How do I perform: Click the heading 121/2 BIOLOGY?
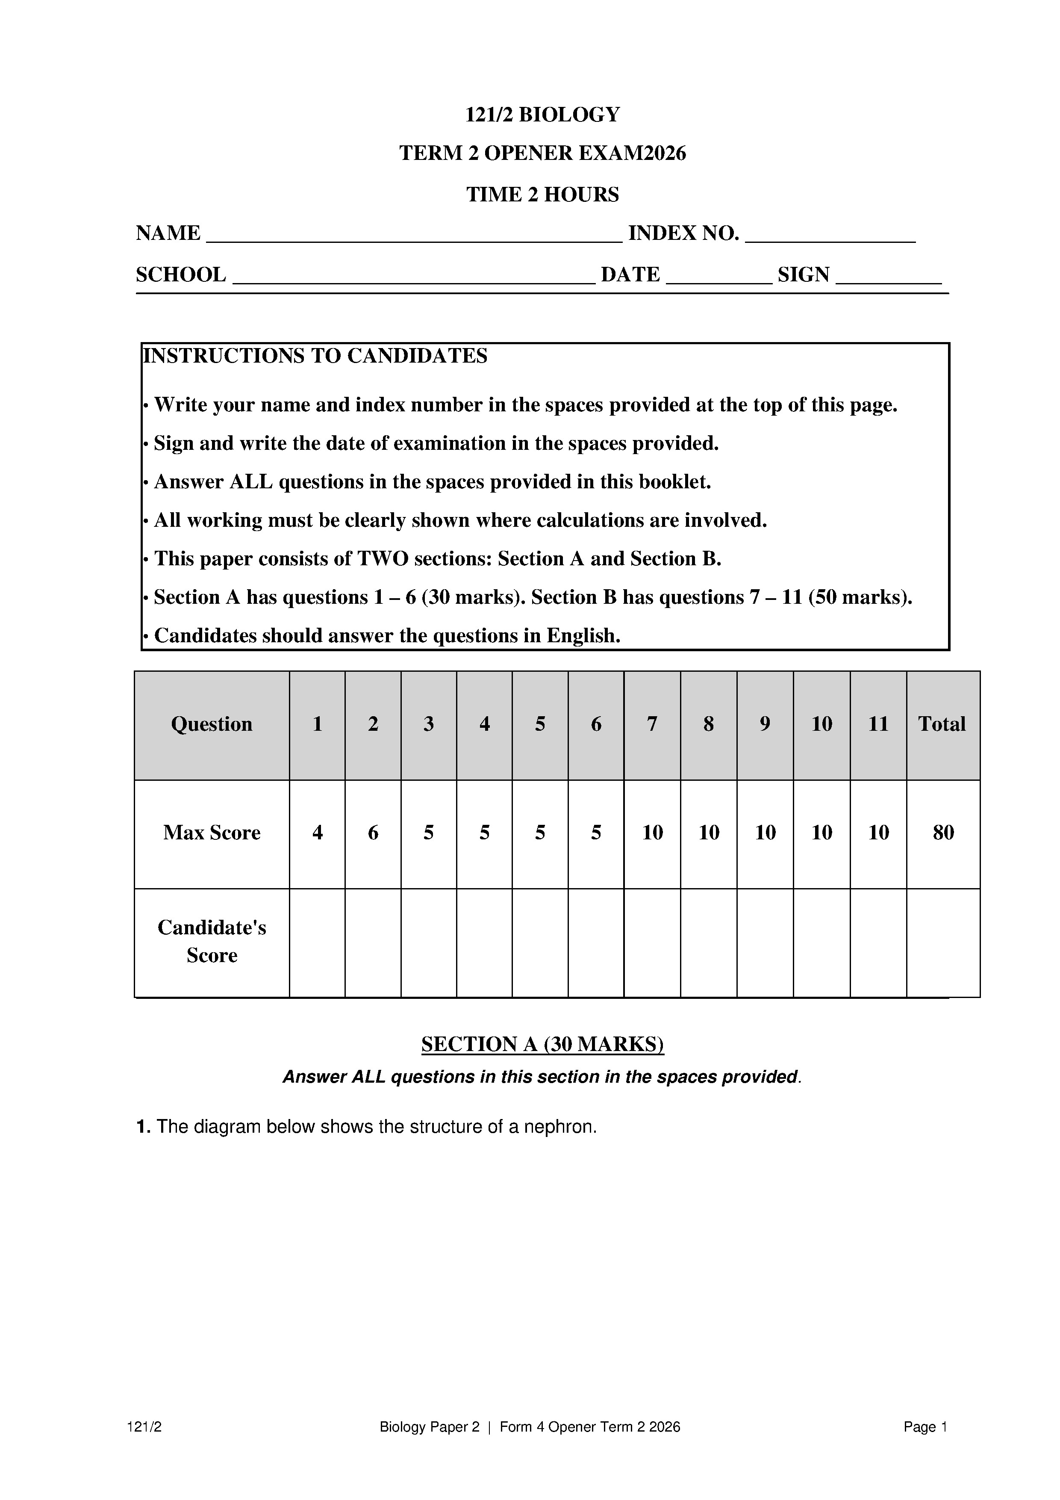click(x=542, y=115)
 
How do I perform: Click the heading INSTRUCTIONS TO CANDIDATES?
click(x=315, y=356)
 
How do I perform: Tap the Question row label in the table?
click(x=212, y=724)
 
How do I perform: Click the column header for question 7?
click(x=652, y=724)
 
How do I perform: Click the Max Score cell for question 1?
click(x=318, y=833)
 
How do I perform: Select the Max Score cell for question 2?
click(x=373, y=833)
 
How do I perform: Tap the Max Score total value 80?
click(x=943, y=833)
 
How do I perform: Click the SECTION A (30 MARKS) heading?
click(x=542, y=1044)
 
